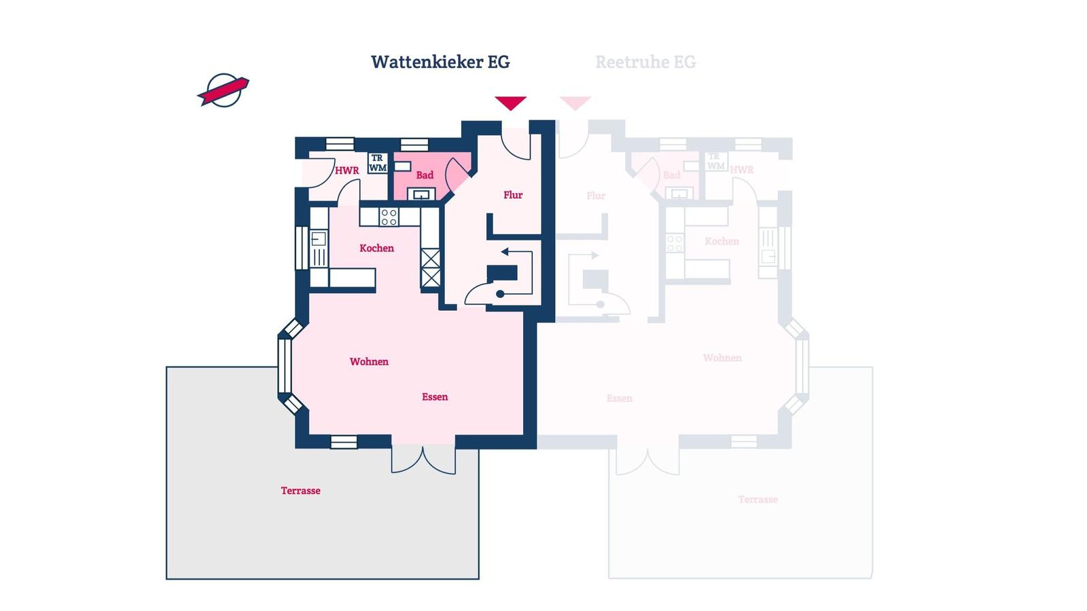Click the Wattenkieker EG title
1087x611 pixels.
(440, 62)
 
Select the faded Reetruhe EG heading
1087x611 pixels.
(645, 62)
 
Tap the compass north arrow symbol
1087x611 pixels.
(224, 90)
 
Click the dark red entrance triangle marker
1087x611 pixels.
(510, 103)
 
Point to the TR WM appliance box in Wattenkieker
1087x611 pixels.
(378, 163)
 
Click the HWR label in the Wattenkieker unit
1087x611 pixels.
(346, 170)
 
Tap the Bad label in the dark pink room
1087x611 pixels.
(425, 175)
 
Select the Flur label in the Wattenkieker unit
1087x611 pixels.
(513, 195)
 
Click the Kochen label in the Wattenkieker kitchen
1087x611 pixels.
(376, 248)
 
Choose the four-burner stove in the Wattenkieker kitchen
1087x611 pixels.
(389, 217)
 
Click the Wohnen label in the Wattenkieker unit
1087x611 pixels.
(369, 362)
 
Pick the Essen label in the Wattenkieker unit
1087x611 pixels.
(435, 397)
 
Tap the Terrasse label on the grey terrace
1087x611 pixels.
(300, 491)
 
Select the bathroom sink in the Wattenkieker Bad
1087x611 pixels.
(421, 195)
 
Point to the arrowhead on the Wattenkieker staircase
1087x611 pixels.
(505, 252)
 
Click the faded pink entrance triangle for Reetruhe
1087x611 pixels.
(575, 103)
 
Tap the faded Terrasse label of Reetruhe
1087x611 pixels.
(758, 500)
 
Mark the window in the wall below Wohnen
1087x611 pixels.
(344, 442)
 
